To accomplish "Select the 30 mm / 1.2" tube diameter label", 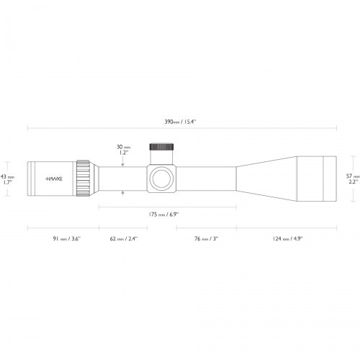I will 123,150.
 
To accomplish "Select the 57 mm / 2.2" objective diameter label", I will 351,179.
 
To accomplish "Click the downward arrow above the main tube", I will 123,164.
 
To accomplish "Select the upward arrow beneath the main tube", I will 123,192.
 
